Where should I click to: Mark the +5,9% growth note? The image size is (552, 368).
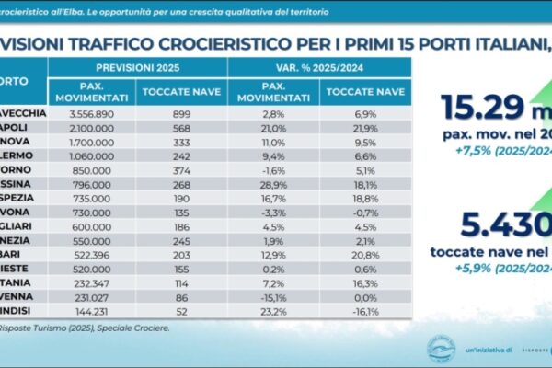tap(484, 269)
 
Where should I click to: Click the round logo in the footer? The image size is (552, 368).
tap(441, 351)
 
